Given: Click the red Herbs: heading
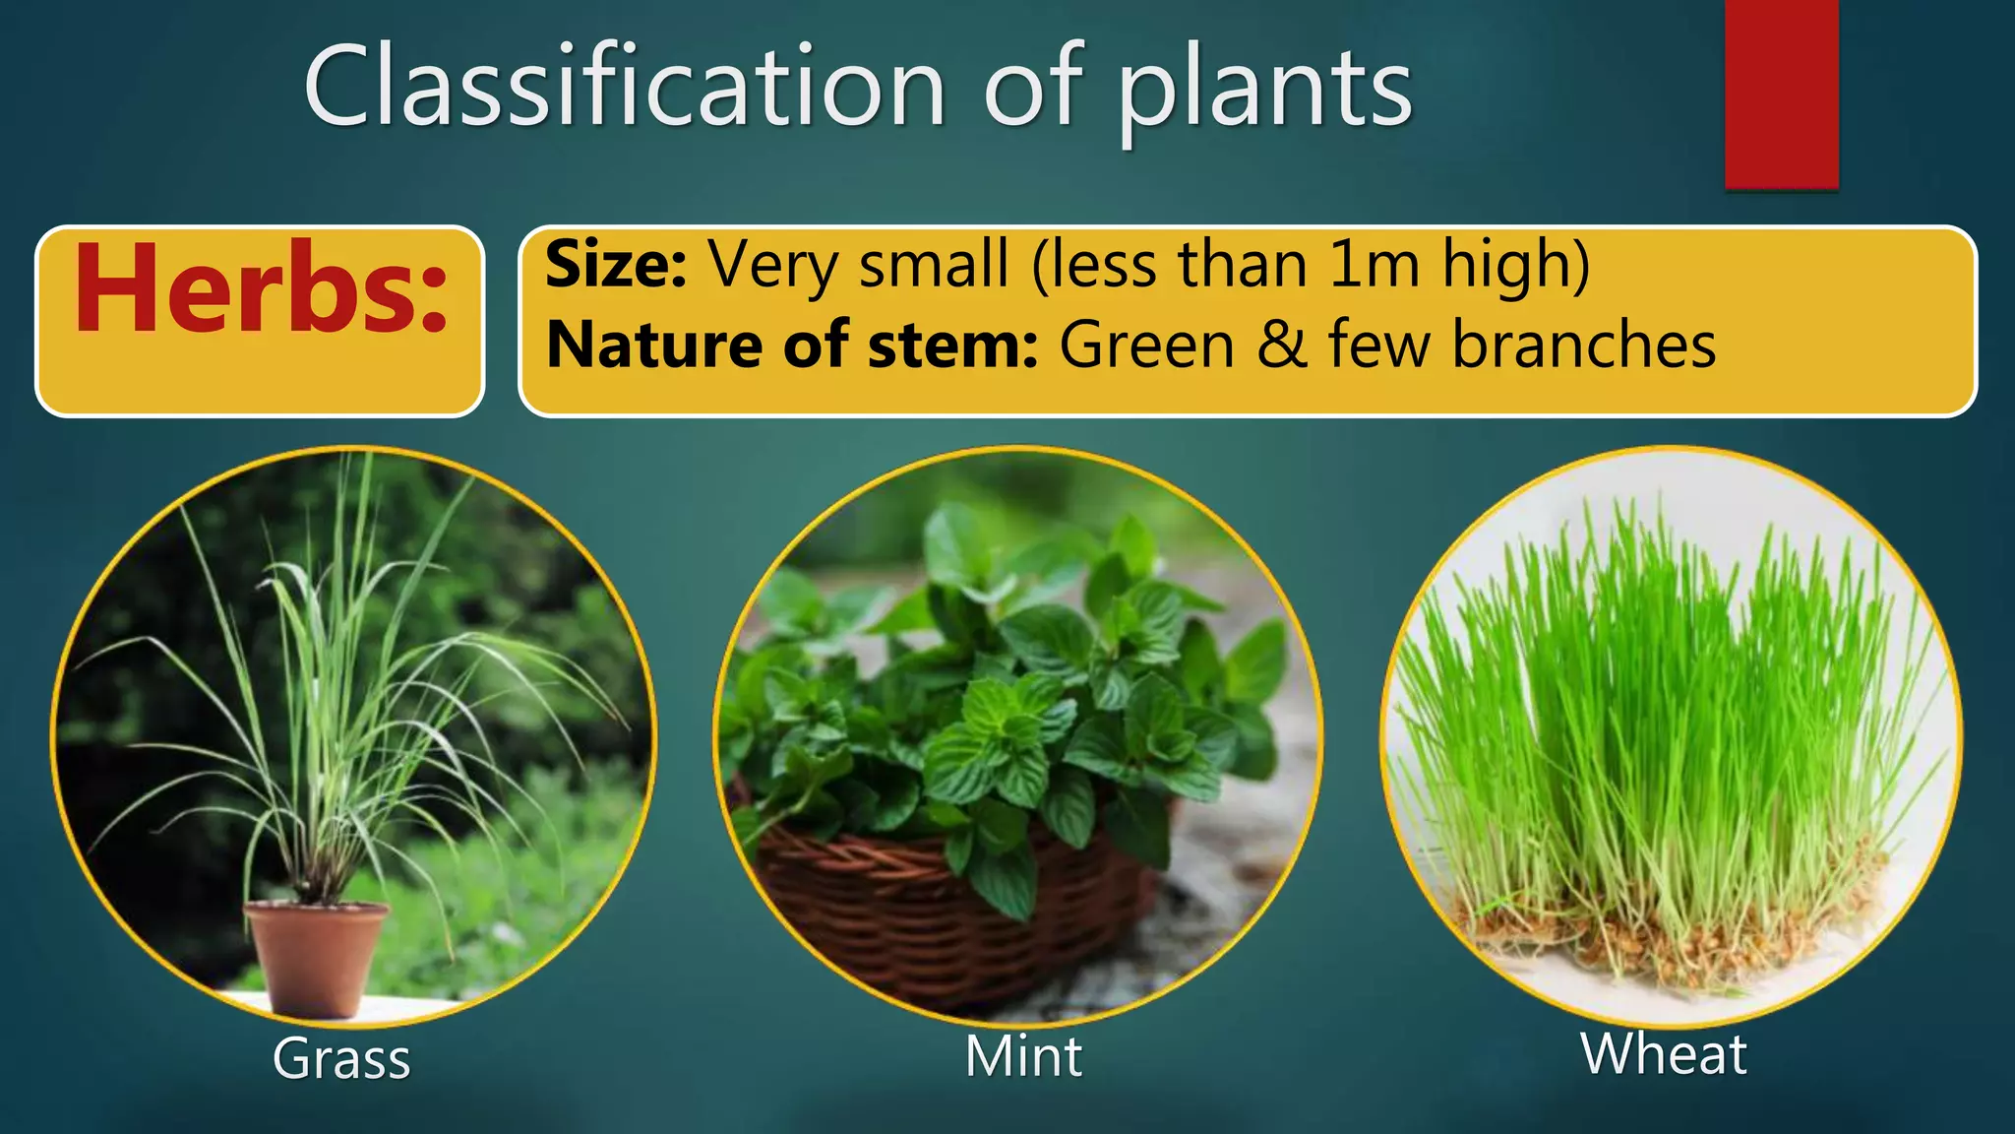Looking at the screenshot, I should pyautogui.click(x=260, y=289).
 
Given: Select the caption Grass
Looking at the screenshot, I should pyautogui.click(x=341, y=1059).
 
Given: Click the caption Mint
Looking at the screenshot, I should pyautogui.click(x=1023, y=1056).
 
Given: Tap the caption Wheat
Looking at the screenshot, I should pyautogui.click(x=1664, y=1053).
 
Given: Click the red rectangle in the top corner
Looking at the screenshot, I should pyautogui.click(x=1781, y=94).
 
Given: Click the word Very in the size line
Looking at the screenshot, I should pyautogui.click(x=773, y=266).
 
